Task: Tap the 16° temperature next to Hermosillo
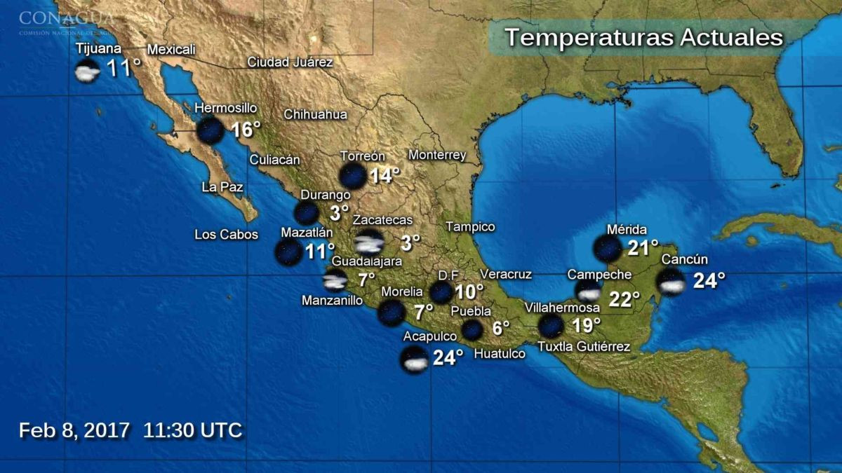click(x=246, y=130)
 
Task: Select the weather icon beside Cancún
click(x=671, y=282)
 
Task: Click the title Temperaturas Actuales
click(x=643, y=37)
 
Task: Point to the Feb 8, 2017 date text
click(x=74, y=430)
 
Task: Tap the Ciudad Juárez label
click(x=290, y=62)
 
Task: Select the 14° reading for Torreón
click(x=385, y=175)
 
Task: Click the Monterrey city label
click(x=437, y=155)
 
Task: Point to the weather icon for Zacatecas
click(x=368, y=242)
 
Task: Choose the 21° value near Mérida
click(x=643, y=247)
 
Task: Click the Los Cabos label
click(x=226, y=235)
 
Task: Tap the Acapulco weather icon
click(x=413, y=359)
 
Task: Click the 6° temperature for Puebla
click(x=500, y=328)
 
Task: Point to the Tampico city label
click(x=470, y=227)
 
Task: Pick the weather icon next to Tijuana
click(x=87, y=71)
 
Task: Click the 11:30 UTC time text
click(x=193, y=430)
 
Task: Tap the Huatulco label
click(x=500, y=354)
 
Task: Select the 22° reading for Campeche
click(x=624, y=299)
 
